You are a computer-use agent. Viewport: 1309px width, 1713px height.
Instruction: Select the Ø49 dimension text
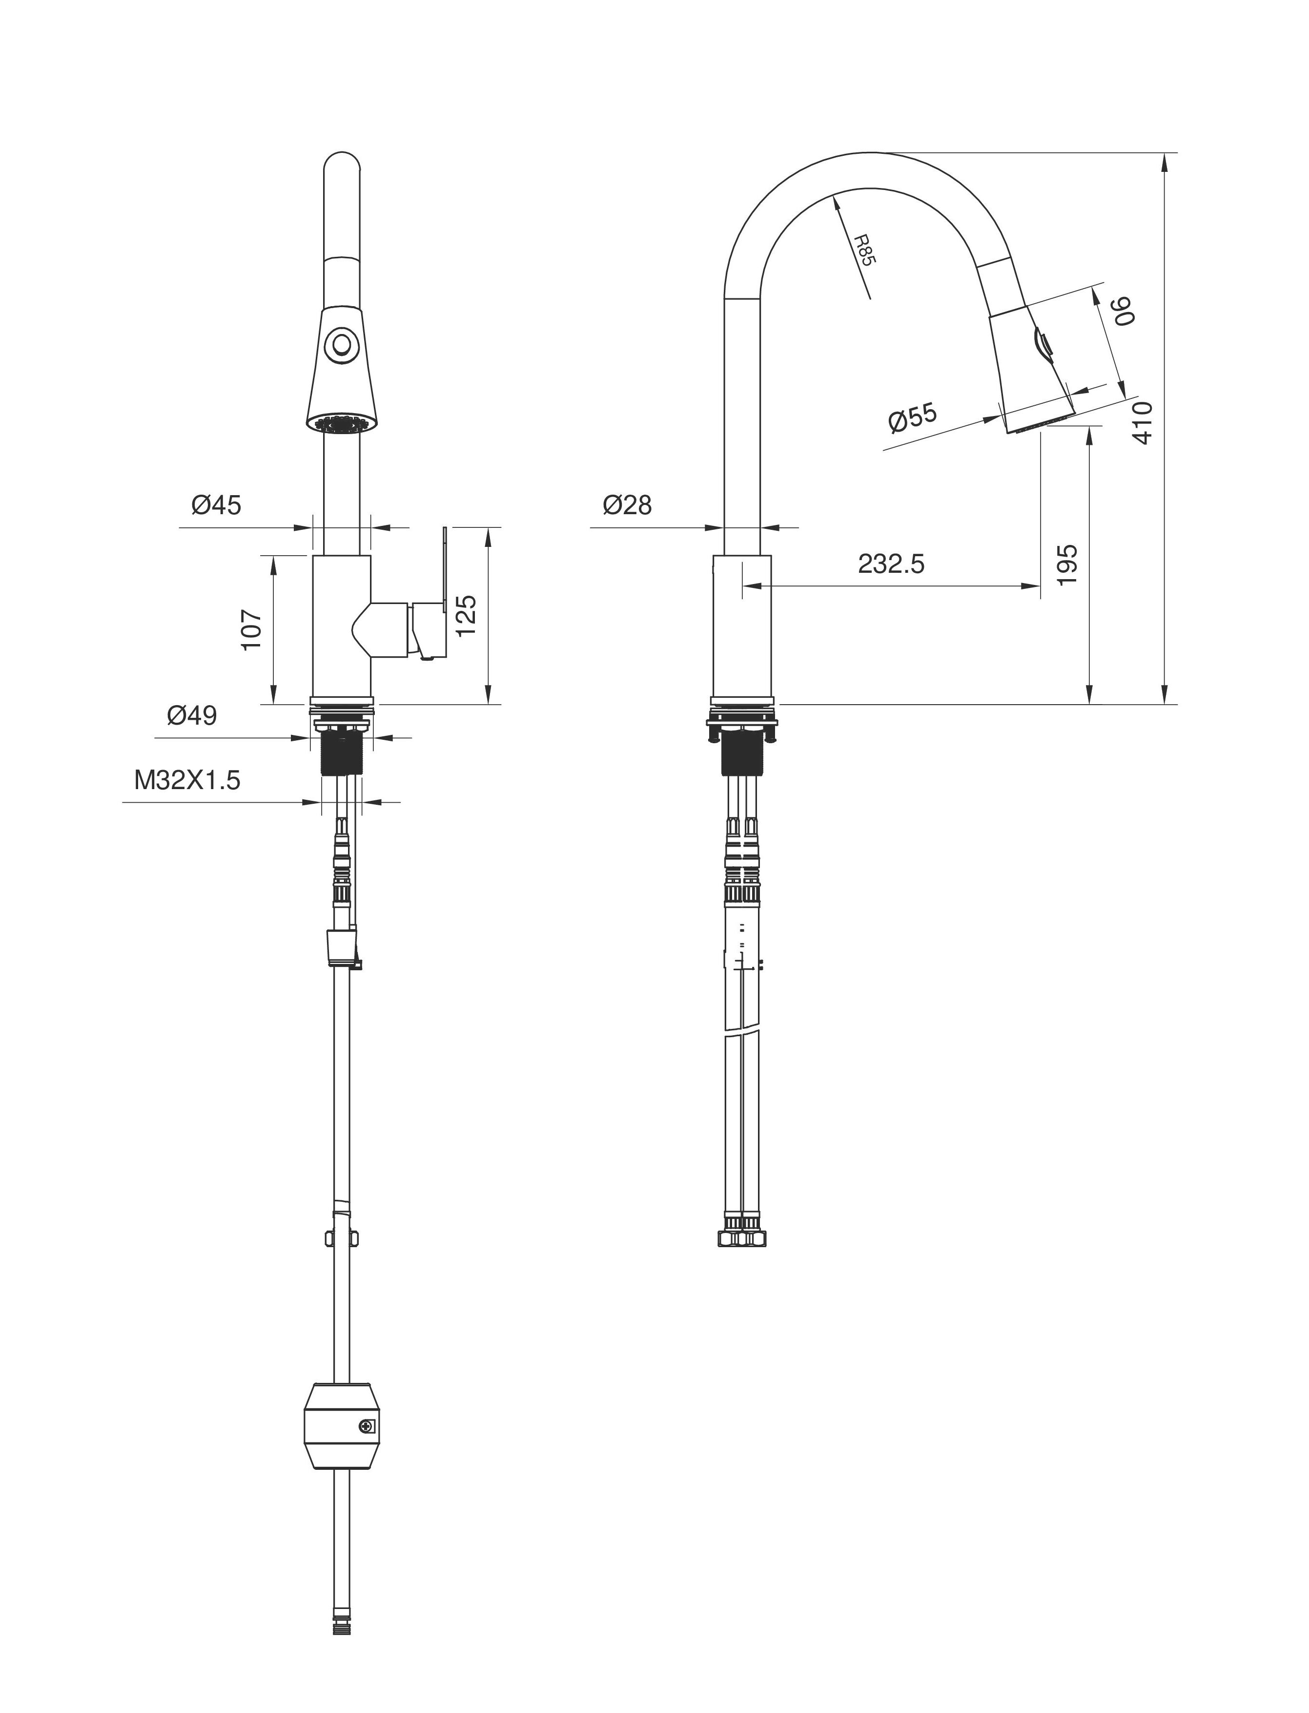tap(192, 715)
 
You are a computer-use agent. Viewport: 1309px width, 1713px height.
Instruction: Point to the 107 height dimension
tap(251, 630)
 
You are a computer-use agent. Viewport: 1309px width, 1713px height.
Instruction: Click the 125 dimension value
tap(465, 616)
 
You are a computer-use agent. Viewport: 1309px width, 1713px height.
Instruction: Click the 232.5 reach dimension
tap(891, 564)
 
